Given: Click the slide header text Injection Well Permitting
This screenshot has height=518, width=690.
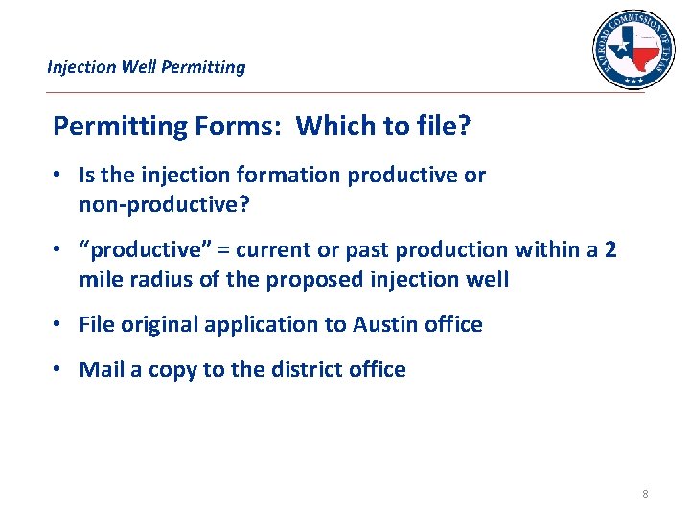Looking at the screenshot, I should tap(147, 67).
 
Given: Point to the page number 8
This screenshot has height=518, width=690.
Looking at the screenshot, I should tap(645, 494).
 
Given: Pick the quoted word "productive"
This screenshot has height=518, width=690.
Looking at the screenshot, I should tap(145, 249).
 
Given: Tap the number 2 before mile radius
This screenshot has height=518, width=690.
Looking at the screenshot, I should tap(610, 249).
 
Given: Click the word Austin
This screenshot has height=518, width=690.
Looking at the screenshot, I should tap(386, 324).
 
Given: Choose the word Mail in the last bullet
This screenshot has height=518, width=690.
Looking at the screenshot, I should tap(102, 369).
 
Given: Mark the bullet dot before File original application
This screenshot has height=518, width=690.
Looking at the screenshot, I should tap(58, 324).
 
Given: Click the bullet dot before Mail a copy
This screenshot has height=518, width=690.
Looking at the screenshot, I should tap(58, 369).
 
